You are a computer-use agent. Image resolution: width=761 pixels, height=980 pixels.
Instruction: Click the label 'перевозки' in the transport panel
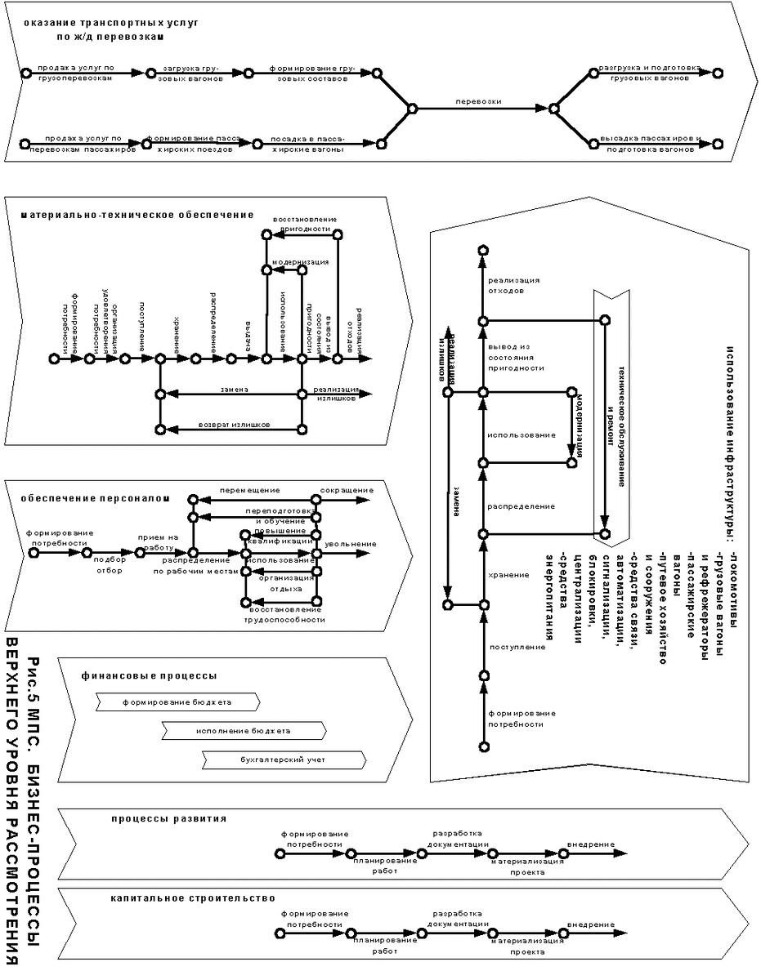point(478,102)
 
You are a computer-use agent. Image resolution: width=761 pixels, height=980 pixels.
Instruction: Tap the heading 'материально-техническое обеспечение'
point(137,216)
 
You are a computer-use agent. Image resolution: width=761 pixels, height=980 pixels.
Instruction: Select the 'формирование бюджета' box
point(177,702)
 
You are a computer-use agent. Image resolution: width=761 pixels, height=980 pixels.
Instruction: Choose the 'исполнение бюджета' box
point(243,730)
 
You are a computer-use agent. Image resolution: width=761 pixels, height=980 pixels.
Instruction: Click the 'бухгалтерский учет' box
point(282,760)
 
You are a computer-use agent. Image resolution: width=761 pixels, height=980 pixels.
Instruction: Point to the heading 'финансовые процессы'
point(149,676)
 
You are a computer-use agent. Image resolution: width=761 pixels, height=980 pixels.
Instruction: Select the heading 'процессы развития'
point(169,817)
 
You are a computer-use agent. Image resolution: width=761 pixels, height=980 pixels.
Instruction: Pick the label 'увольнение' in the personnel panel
point(350,544)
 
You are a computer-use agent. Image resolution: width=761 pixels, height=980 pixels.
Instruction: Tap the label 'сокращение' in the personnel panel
point(347,490)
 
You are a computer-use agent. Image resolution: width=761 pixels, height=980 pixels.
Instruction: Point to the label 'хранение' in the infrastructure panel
point(508,575)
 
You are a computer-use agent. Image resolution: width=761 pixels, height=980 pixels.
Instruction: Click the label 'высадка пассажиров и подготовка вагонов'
point(650,144)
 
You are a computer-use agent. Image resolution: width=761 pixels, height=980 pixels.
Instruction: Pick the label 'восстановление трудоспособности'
point(286,615)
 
